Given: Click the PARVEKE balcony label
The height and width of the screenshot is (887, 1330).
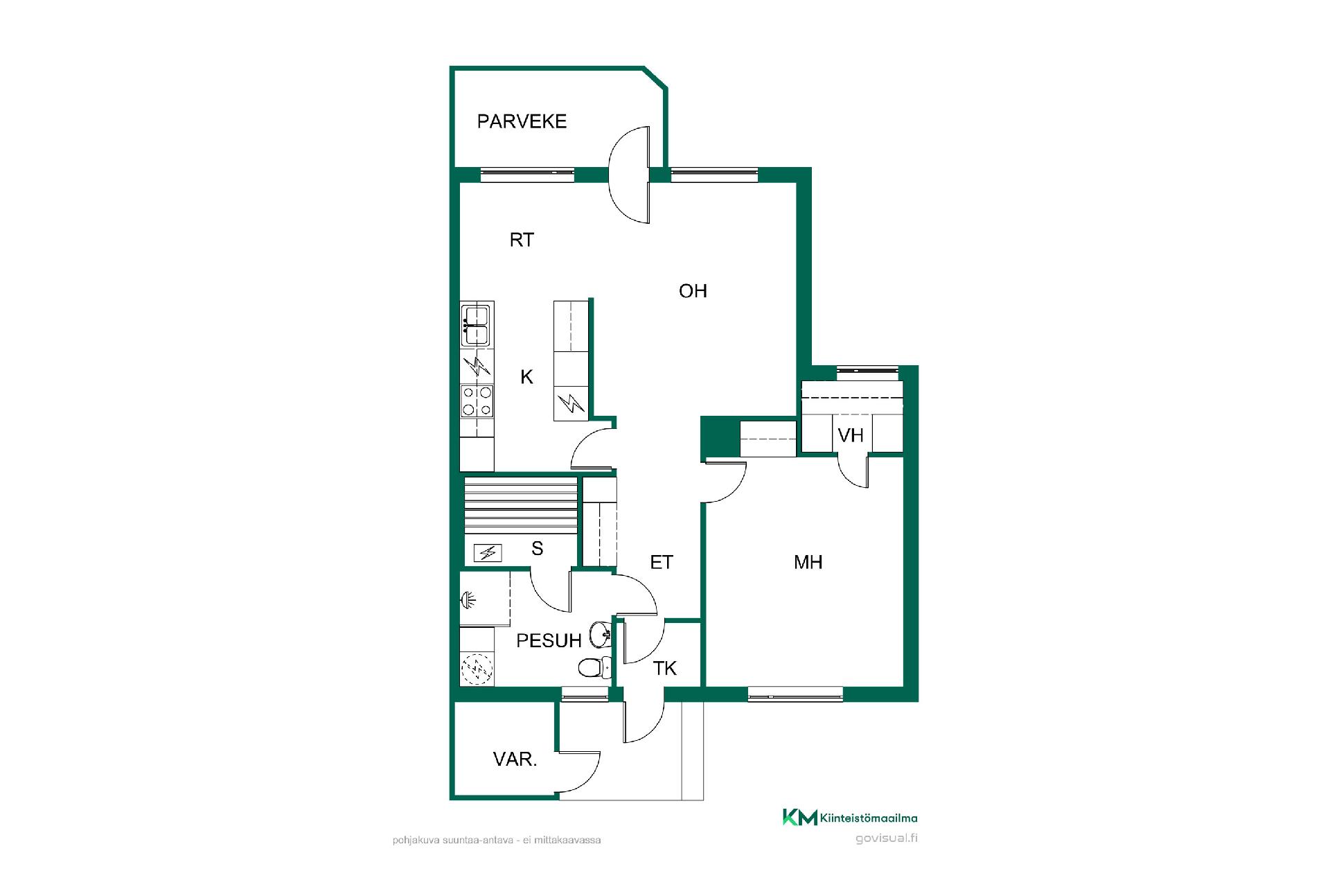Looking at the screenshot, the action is [522, 121].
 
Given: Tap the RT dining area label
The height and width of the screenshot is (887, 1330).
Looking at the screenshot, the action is [522, 240].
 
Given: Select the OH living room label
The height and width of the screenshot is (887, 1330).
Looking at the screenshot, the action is [693, 291].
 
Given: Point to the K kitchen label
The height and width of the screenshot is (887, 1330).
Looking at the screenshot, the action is [526, 377].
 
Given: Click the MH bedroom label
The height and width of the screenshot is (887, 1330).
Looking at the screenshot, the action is [808, 562].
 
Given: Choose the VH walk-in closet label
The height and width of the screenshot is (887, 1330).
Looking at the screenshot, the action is [851, 435].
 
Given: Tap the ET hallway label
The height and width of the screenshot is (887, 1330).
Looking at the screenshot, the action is [662, 562].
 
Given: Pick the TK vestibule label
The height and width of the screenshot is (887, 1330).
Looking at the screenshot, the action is [665, 668].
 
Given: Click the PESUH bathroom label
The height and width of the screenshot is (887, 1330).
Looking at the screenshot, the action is [549, 641].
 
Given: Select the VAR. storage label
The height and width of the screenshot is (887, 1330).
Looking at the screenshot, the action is [515, 759].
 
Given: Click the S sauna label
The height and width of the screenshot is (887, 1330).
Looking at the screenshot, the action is [538, 549].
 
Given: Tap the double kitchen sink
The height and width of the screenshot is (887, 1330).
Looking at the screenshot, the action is [477, 325].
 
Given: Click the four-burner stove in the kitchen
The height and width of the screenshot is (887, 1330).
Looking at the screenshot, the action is [477, 401].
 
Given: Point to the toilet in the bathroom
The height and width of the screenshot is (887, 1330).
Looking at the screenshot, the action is [594, 667].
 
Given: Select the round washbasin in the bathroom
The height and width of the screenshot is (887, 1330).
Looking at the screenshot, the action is [600, 633].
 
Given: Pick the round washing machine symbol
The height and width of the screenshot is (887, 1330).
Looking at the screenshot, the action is [477, 669].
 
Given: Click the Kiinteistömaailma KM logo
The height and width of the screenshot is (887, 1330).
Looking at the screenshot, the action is [850, 818].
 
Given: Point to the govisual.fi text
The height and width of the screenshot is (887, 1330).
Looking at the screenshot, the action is [887, 838].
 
